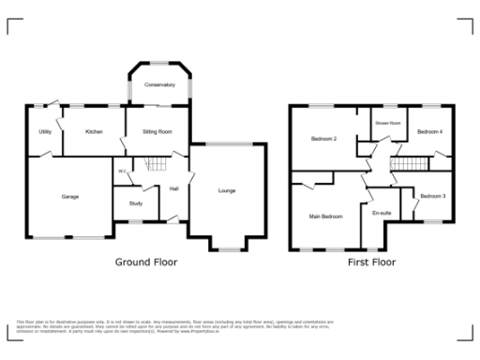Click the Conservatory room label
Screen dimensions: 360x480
[159, 85]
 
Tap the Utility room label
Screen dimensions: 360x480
[45, 132]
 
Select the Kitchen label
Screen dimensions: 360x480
[94, 132]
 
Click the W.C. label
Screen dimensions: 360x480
[122, 171]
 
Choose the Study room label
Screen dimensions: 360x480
[135, 202]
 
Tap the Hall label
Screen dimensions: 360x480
[174, 189]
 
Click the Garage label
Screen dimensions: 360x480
[69, 197]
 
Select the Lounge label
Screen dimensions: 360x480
[227, 191]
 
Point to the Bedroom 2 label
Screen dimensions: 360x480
[323, 140]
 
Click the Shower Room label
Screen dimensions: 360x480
[388, 124]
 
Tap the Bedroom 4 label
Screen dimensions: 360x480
[429, 132]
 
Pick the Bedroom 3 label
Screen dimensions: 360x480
[432, 196]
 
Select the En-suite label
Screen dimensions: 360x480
[382, 214]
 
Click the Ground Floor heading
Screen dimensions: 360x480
[145, 262]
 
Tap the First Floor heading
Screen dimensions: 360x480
[370, 262]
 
